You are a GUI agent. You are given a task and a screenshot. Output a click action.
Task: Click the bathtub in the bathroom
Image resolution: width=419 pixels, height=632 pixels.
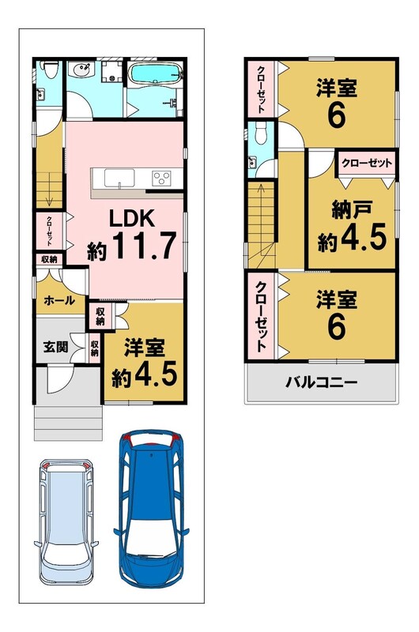click(x=155, y=73)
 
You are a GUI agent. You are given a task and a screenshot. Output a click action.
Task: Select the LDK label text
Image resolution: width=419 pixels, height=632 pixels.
click(x=132, y=219)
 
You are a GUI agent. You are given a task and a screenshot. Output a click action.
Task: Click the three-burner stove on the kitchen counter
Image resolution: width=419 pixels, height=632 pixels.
click(x=161, y=178)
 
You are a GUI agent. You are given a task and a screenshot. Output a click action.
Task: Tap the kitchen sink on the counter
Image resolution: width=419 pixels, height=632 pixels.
click(x=119, y=178)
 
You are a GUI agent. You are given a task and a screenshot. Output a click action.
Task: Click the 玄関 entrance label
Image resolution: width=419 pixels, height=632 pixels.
click(x=55, y=346)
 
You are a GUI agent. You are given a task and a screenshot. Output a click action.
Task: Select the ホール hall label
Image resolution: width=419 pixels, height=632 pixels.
click(x=59, y=300)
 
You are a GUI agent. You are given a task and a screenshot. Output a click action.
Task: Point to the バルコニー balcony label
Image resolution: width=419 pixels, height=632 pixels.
click(x=322, y=382)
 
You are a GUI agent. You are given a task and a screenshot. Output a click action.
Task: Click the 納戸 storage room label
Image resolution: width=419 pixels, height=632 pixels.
click(x=352, y=210)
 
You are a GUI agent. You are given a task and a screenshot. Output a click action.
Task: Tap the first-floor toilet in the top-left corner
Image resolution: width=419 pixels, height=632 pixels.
click(x=50, y=70)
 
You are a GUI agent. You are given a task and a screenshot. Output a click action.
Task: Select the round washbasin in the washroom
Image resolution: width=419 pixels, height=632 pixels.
click(x=79, y=71)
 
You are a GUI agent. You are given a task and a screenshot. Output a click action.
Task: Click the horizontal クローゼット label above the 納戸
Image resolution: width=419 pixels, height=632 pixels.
click(x=367, y=163)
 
